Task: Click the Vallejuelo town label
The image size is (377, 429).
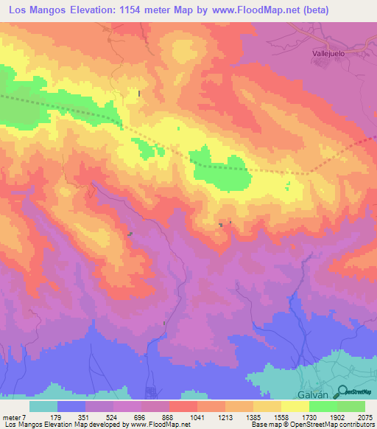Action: [325, 54]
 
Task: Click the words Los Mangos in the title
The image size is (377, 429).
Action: [38, 10]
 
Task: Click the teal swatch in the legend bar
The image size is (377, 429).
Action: [43, 406]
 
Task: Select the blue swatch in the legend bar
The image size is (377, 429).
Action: [71, 406]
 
